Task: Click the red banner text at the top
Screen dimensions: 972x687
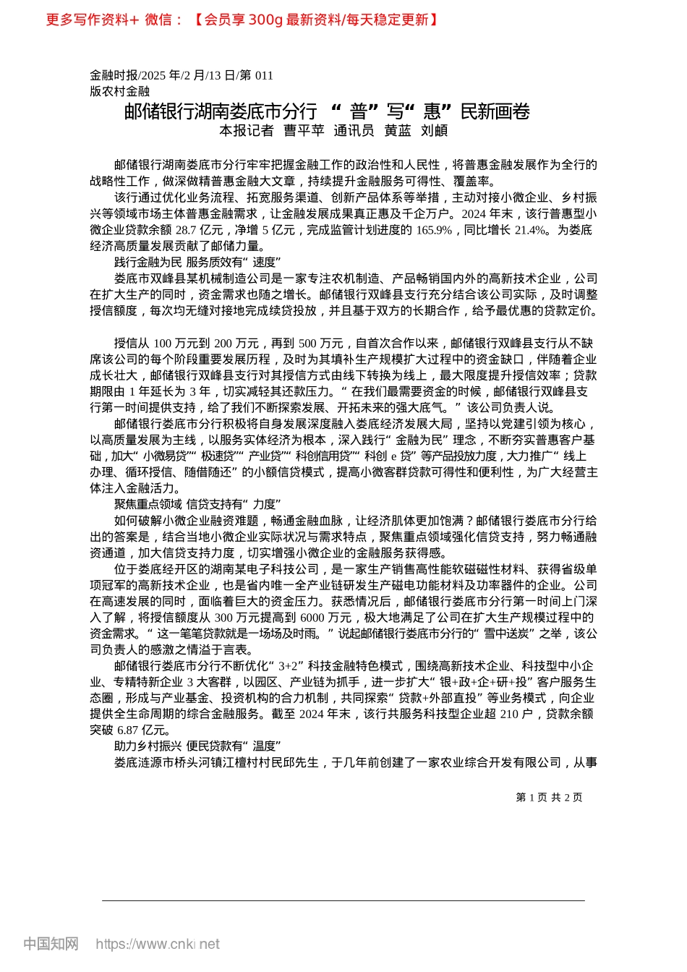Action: point(242,20)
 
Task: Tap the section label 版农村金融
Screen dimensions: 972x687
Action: point(119,91)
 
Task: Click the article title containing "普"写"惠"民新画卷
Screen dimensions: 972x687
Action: point(327,111)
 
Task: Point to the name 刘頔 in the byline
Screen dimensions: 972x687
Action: point(434,131)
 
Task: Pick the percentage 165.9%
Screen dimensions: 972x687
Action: point(435,230)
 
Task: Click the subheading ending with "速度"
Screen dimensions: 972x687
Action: point(197,262)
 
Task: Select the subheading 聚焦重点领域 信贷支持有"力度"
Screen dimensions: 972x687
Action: point(197,504)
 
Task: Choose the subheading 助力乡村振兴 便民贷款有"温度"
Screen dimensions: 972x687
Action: point(197,746)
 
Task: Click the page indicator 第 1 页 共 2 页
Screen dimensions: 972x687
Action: point(549,797)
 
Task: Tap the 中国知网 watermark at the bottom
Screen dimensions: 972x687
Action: point(51,944)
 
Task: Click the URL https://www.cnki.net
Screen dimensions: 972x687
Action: point(158,944)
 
